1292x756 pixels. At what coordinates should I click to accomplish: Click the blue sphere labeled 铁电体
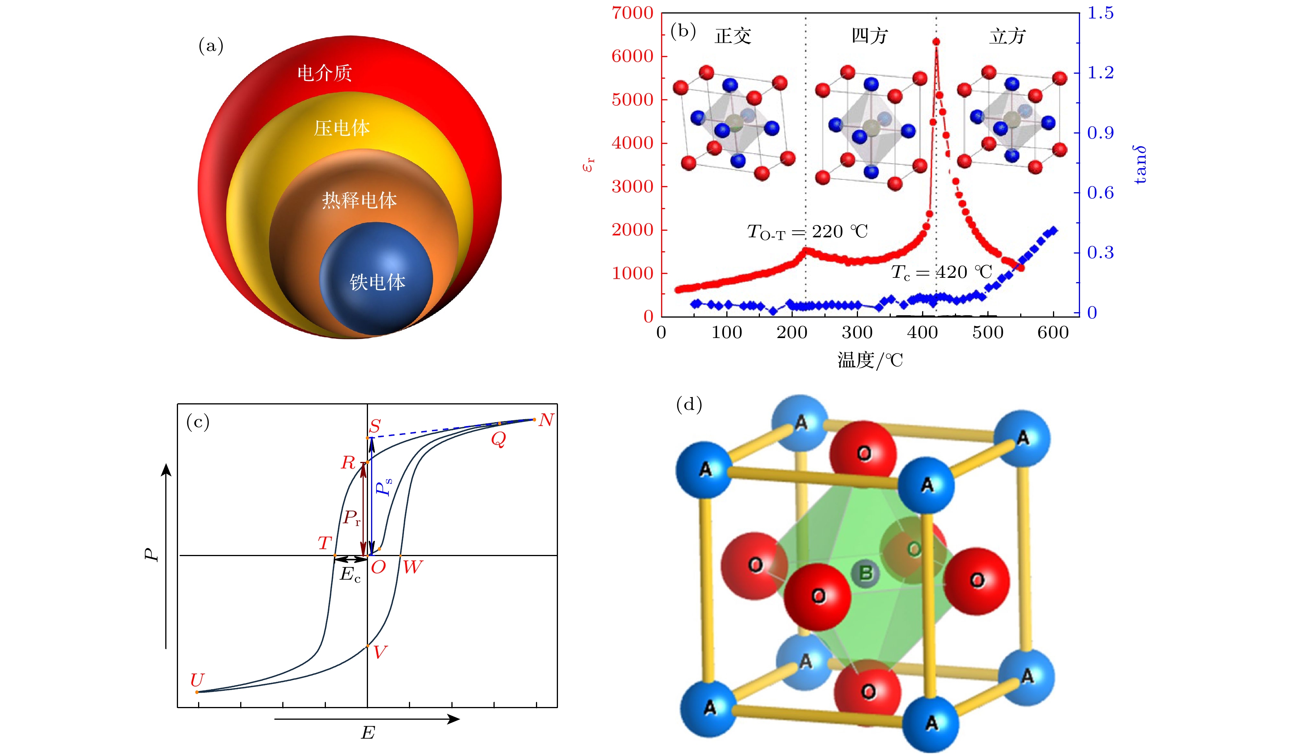tap(377, 279)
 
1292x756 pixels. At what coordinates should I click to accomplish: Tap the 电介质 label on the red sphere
tap(324, 73)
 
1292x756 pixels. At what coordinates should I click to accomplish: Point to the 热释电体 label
tap(359, 200)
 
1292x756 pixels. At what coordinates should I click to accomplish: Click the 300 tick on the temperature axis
tap(857, 333)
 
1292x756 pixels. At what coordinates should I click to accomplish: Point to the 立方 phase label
tap(1007, 36)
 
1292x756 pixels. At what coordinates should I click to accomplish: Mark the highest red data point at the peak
tap(936, 42)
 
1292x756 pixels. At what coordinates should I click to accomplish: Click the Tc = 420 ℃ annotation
tap(941, 273)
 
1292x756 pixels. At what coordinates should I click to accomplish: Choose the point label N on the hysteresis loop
tap(546, 420)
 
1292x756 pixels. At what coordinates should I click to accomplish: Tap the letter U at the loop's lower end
tap(197, 680)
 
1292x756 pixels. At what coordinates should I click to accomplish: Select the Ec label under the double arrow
tap(350, 575)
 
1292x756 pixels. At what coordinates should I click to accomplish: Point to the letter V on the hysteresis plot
tap(380, 652)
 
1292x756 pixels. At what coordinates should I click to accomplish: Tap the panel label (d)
tap(689, 404)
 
